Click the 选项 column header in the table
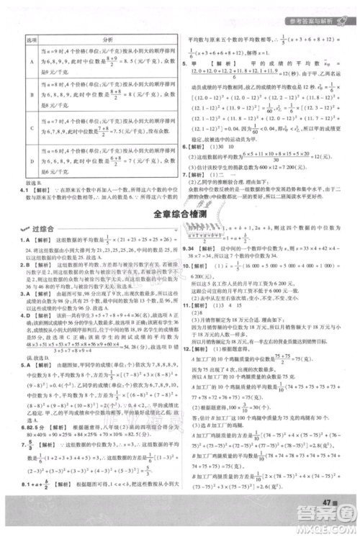tap(31, 40)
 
